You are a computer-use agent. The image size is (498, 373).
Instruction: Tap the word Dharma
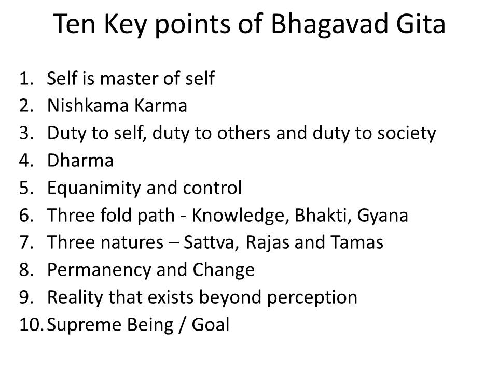point(80,161)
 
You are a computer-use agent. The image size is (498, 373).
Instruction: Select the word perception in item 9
point(317,297)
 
